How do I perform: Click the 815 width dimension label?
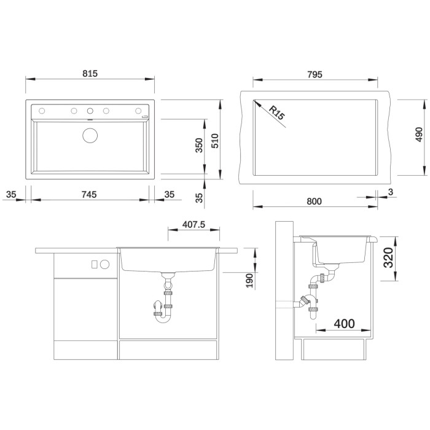(x=90, y=74)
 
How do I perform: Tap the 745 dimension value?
(x=89, y=195)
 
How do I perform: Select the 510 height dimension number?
(x=215, y=141)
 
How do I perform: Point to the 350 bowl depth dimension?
(x=199, y=146)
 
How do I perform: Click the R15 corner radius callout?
(x=276, y=112)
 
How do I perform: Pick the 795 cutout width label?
(x=315, y=74)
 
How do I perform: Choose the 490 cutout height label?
(x=419, y=135)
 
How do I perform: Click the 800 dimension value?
(x=314, y=201)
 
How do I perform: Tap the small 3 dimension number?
(x=391, y=192)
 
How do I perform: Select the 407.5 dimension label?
(x=194, y=225)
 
